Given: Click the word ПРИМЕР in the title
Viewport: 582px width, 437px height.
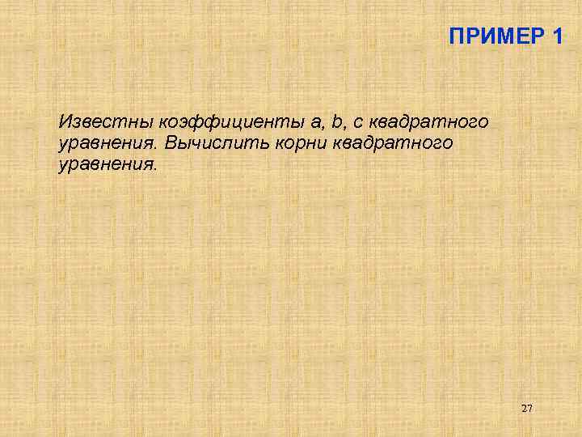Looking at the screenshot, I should click(494, 36).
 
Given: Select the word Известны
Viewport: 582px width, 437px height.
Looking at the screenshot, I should click(105, 122).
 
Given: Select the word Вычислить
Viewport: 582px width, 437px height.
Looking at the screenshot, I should click(205, 143).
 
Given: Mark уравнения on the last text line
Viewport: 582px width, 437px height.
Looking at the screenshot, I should click(108, 165).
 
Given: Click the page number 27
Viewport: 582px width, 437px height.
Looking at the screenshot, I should click(527, 409).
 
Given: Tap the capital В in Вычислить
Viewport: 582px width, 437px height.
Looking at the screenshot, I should click(171, 143).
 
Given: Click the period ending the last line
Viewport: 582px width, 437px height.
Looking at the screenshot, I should click(159, 168).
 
